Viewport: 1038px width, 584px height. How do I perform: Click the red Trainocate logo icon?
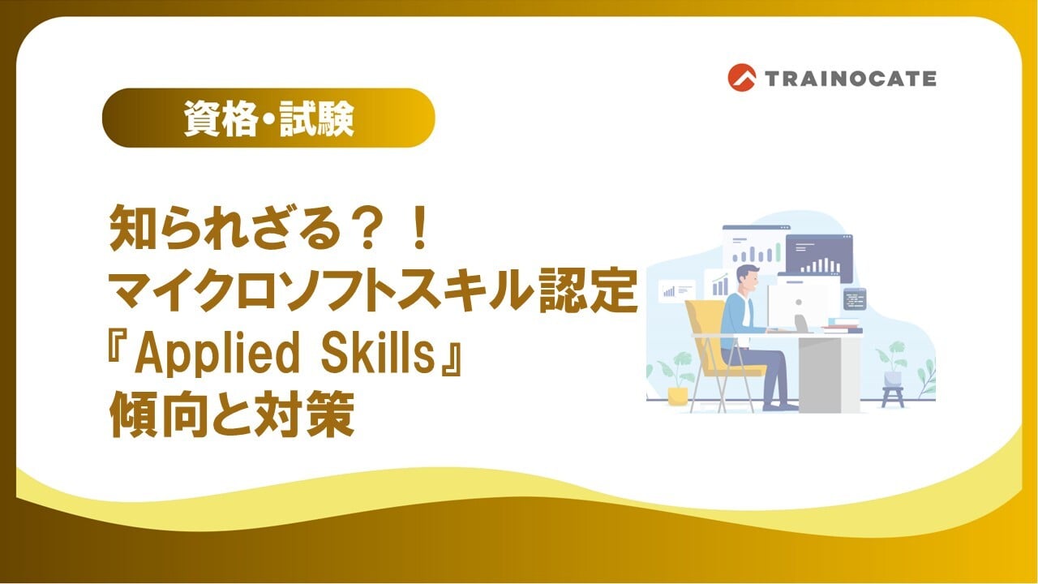coord(741,77)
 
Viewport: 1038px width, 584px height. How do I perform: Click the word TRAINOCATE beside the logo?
coord(850,79)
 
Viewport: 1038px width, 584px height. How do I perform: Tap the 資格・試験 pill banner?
coord(268,118)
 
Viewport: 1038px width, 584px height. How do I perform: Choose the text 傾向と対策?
coord(232,414)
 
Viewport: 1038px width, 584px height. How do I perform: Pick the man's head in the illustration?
coord(748,278)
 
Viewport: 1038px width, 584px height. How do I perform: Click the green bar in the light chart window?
coord(778,252)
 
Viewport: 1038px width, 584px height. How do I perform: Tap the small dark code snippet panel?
coord(855,299)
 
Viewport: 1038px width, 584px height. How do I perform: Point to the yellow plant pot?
coord(677,397)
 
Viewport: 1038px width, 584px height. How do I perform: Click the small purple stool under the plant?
coord(893,397)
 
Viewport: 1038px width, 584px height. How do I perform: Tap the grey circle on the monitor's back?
coord(799,303)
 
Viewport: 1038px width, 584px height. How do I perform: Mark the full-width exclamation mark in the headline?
coord(421,228)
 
